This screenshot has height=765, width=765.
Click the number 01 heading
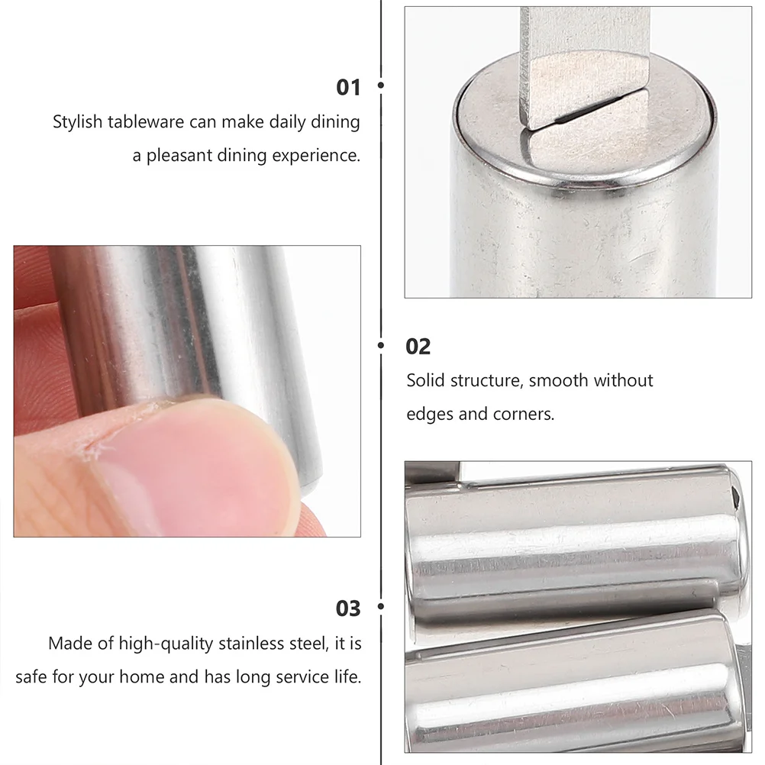click(x=348, y=87)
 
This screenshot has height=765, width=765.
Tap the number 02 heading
click(x=418, y=347)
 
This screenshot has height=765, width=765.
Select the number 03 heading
click(x=348, y=608)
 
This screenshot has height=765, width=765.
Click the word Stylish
click(x=77, y=121)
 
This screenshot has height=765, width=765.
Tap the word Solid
click(x=424, y=380)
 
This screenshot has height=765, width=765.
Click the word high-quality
click(x=166, y=643)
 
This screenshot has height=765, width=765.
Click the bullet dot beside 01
click(x=381, y=86)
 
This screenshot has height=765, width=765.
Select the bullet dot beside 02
click(x=381, y=346)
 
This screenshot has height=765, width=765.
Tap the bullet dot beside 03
click(x=381, y=608)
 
